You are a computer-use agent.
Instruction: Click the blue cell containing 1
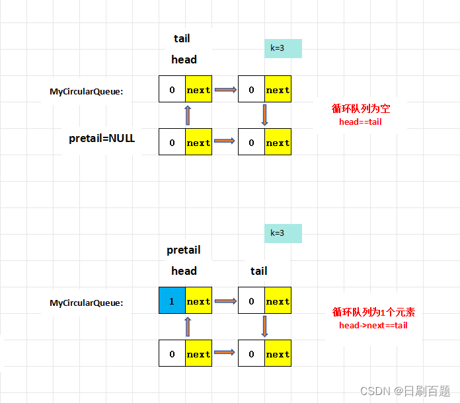click(x=172, y=301)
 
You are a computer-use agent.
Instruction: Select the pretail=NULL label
click(x=102, y=139)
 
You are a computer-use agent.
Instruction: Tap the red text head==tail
click(x=360, y=122)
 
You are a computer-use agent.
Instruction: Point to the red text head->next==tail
click(x=373, y=325)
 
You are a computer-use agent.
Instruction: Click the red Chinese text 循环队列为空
click(x=361, y=109)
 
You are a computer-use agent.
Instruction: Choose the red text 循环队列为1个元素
click(x=373, y=312)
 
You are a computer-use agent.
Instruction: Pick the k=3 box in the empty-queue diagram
click(x=283, y=48)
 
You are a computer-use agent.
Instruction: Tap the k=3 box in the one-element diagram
click(x=283, y=233)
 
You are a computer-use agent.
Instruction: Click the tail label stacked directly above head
click(x=182, y=39)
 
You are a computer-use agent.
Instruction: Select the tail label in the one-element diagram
click(x=259, y=271)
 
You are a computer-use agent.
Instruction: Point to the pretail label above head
click(x=184, y=250)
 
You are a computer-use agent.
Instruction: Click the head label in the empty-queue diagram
click(x=184, y=59)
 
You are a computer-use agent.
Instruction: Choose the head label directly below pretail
click(x=184, y=271)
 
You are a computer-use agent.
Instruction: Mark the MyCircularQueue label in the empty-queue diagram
click(x=86, y=91)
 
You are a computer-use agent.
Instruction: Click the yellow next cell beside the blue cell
click(x=198, y=301)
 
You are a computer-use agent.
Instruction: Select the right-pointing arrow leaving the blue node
click(x=225, y=301)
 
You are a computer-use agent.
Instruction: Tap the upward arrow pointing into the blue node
click(x=188, y=327)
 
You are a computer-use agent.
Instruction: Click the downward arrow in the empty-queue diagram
click(x=264, y=116)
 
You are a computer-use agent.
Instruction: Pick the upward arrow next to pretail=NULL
click(x=188, y=116)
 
